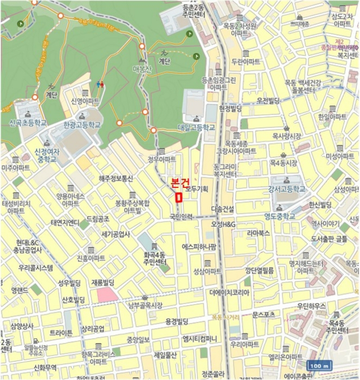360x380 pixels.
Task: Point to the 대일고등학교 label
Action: click(196, 128)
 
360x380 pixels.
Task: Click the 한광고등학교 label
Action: click(82, 124)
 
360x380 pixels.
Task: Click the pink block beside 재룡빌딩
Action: click(107, 295)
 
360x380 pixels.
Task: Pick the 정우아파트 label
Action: click(162, 160)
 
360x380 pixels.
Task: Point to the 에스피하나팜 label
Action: click(199, 246)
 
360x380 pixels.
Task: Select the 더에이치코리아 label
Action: click(230, 292)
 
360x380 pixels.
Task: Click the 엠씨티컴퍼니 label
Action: click(200, 339)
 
